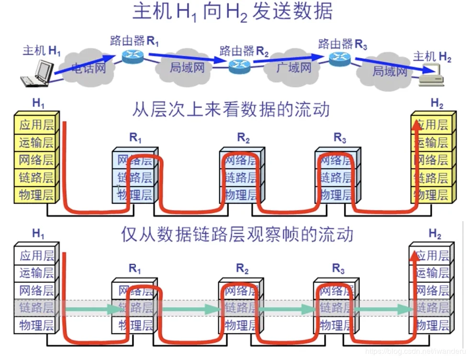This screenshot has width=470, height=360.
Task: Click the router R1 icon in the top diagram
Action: (132, 56)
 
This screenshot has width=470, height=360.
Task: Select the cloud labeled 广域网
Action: (293, 67)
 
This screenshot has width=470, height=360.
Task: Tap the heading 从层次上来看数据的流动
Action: (231, 110)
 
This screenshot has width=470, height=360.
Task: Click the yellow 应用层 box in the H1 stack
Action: (36, 125)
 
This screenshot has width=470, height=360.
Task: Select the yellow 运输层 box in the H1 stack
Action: (36, 142)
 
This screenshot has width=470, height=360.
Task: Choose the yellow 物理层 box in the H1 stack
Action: (36, 195)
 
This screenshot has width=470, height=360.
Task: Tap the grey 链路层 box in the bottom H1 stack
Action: (36, 308)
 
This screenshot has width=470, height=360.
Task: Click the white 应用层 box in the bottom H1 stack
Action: (36, 255)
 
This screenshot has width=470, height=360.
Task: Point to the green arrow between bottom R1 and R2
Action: (187, 309)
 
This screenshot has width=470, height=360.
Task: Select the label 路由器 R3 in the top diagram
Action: (343, 45)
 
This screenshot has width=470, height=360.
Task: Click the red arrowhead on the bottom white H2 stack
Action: (415, 255)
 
